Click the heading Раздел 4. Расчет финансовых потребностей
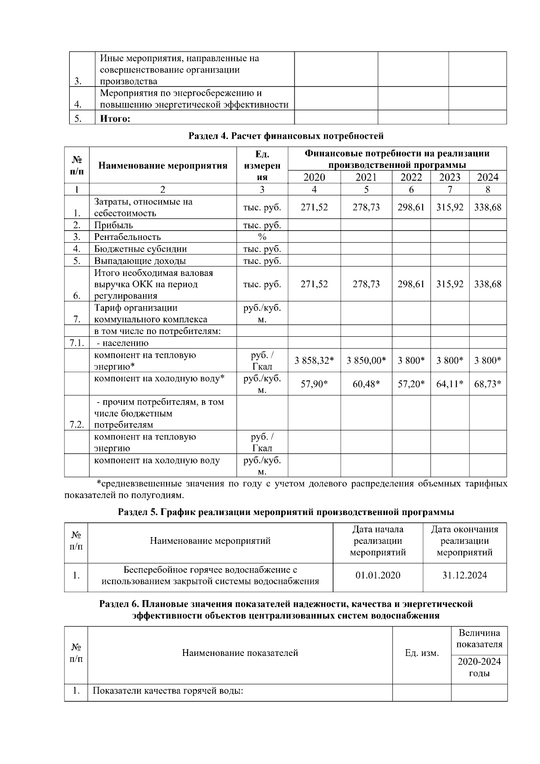286,136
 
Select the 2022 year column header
411,177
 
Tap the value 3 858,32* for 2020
314,361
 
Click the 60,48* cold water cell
366,384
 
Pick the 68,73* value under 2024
487,384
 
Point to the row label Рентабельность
127,237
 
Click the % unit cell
262,237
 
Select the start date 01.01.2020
378,575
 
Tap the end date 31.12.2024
464,575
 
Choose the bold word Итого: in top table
115,119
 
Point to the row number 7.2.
77,425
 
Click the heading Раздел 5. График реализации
286,512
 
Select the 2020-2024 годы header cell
479,667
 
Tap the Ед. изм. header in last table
422,653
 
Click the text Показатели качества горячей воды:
168,691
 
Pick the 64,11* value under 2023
450,384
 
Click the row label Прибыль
113,225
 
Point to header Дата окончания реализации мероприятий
464,541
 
